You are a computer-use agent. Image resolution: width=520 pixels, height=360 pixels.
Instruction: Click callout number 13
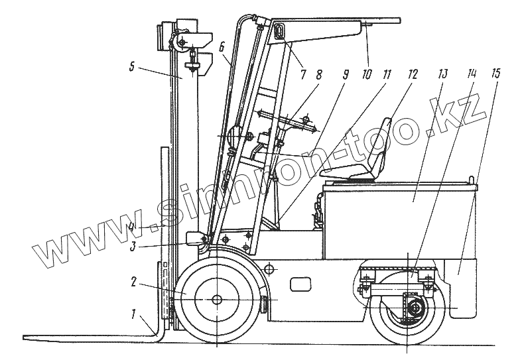pos(444,73)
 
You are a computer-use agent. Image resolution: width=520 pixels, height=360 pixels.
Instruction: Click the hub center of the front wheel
pos(217,300)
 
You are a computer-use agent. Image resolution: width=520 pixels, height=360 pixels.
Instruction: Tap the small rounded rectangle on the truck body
pos(301,284)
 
